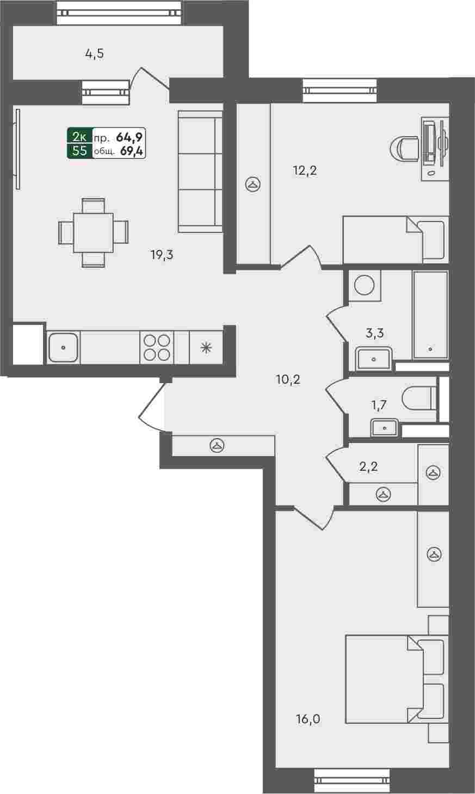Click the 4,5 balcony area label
click(x=95, y=54)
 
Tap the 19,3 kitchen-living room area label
click(x=162, y=255)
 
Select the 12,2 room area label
click(x=305, y=171)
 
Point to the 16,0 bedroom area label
click(x=309, y=719)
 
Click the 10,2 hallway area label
click(x=288, y=380)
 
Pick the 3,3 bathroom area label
click(x=375, y=333)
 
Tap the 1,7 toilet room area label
click(x=379, y=404)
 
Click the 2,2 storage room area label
click(x=369, y=467)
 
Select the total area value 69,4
click(x=132, y=151)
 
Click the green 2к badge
click(x=80, y=136)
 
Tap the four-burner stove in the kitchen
click(x=157, y=347)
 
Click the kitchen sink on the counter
click(x=63, y=347)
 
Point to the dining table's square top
click(x=93, y=232)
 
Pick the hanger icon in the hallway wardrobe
click(x=217, y=446)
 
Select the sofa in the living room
click(x=200, y=171)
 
